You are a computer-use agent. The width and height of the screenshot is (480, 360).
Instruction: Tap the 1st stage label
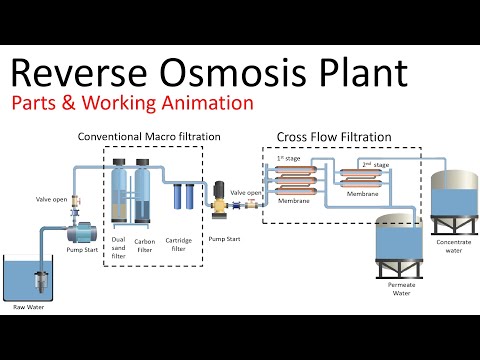coord(288,158)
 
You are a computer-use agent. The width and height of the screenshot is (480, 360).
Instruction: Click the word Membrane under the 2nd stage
coord(361,194)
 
